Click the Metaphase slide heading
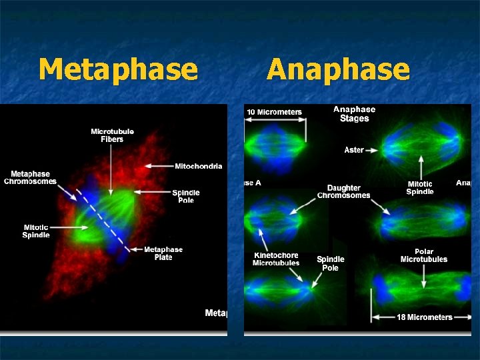(118, 69)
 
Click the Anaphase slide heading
(338, 69)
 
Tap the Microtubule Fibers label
(112, 135)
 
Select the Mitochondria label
(199, 166)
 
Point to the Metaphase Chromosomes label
(31, 178)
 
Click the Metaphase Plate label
(163, 253)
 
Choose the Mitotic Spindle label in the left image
(36, 231)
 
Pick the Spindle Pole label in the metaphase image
(186, 197)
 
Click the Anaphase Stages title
(354, 114)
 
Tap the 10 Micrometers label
(274, 112)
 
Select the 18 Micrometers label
(425, 317)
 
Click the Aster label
(354, 150)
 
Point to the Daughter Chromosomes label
(343, 192)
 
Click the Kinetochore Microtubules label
(276, 259)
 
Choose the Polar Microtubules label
(424, 255)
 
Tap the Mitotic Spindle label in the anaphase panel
(420, 188)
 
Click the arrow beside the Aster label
(372, 150)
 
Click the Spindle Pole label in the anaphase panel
(330, 263)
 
